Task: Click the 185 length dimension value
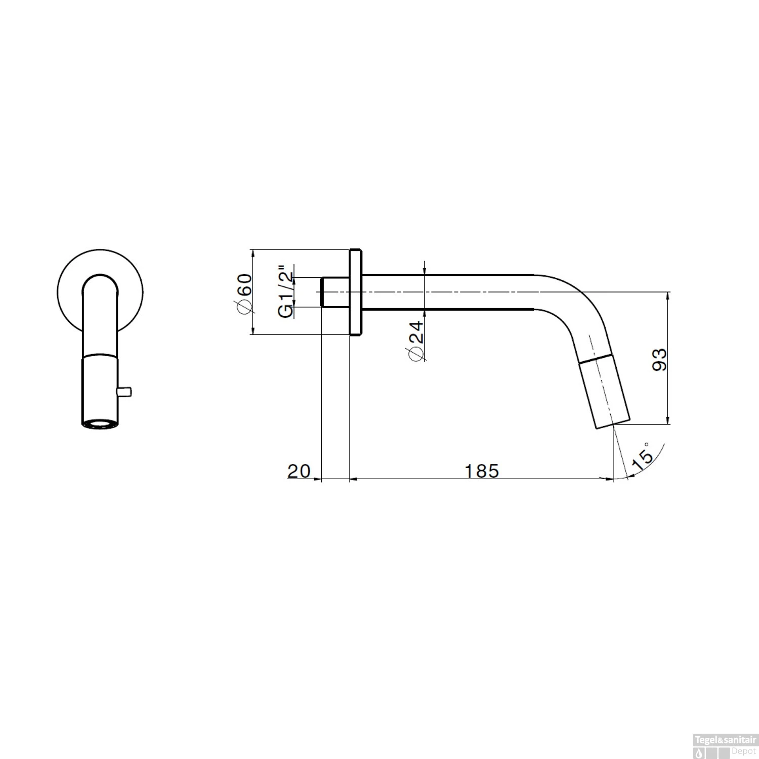coord(481,471)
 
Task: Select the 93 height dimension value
coord(659,359)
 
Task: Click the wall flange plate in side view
coord(355,292)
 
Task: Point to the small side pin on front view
coord(124,391)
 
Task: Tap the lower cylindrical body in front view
coord(100,387)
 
